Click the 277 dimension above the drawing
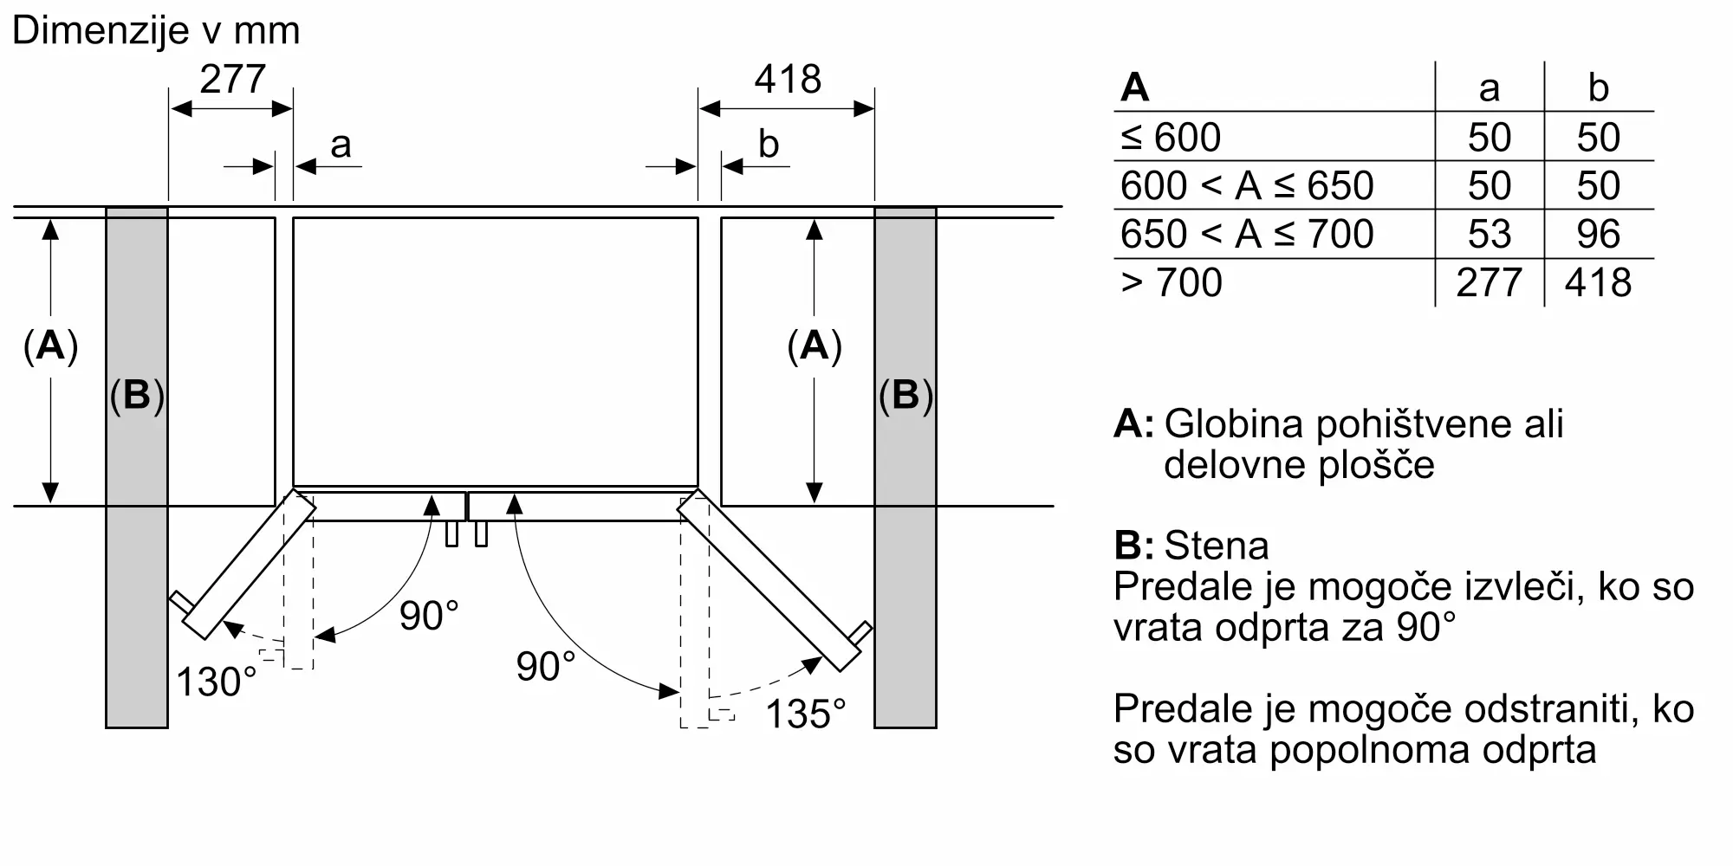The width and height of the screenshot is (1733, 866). pyautogui.click(x=232, y=80)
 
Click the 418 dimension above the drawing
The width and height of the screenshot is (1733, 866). pyautogui.click(x=788, y=80)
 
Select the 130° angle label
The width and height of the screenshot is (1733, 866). pyautogui.click(x=217, y=682)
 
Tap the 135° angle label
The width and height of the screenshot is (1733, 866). pyautogui.click(x=806, y=714)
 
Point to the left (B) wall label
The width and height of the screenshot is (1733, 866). pyautogui.click(x=137, y=395)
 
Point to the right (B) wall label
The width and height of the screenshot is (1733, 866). pyautogui.click(x=905, y=395)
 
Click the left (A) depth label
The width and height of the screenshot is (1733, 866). pyautogui.click(x=51, y=346)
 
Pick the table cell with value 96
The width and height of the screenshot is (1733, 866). pyautogui.click(x=1599, y=234)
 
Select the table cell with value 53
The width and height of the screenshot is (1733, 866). pyautogui.click(x=1490, y=234)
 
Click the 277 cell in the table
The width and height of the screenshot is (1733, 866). pyautogui.click(x=1490, y=282)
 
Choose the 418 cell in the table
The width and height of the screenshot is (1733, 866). pyautogui.click(x=1599, y=282)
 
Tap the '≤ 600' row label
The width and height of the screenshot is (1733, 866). pyautogui.click(x=1171, y=137)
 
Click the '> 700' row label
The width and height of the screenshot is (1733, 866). pyautogui.click(x=1172, y=282)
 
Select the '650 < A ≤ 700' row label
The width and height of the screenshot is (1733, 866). pyautogui.click(x=1247, y=234)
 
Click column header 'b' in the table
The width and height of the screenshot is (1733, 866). pyautogui.click(x=1599, y=87)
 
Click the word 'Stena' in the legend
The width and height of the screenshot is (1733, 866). pyautogui.click(x=1217, y=546)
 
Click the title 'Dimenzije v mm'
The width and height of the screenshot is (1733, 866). pyautogui.click(x=156, y=31)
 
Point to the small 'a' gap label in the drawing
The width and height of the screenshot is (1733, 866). pyautogui.click(x=341, y=145)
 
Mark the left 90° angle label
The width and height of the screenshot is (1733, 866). pyautogui.click(x=429, y=616)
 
